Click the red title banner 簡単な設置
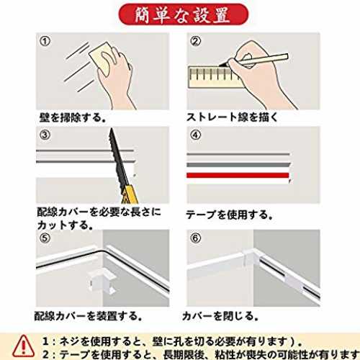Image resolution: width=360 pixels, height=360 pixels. [184, 15]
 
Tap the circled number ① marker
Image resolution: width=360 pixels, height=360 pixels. [45, 41]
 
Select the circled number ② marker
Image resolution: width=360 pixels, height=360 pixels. [196, 41]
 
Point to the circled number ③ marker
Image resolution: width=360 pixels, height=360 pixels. [45, 135]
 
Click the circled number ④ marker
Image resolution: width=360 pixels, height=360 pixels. [196, 135]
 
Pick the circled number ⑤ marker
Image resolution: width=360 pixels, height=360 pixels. [45, 238]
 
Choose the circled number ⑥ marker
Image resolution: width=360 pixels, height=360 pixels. [196, 238]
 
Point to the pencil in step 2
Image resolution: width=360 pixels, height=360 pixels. [254, 60]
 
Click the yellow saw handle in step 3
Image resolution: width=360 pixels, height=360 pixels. [130, 194]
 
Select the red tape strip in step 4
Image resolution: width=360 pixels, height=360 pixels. [238, 176]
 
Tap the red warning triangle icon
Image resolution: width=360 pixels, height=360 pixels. [23, 346]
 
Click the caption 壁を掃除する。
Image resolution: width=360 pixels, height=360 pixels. [73, 117]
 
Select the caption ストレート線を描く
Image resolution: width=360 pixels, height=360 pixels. [232, 117]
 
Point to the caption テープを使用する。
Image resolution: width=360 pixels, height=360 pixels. [230, 215]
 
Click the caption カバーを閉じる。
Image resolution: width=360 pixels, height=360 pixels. [220, 316]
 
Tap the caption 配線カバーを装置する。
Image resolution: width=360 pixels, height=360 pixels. [89, 316]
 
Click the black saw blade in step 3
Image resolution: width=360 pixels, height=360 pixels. [118, 158]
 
